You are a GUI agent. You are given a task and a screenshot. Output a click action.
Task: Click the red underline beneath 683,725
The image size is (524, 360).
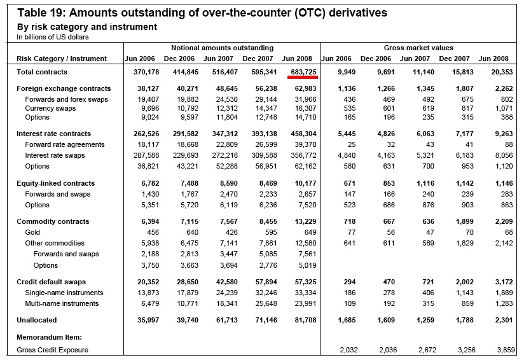pyautogui.click(x=303, y=77)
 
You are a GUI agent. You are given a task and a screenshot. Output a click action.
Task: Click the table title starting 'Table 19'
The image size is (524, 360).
pyautogui.click(x=202, y=13)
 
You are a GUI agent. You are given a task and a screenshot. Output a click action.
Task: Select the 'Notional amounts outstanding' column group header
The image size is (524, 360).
pyautogui.click(x=222, y=48)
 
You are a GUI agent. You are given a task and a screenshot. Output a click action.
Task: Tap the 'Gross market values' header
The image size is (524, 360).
pyautogui.click(x=418, y=48)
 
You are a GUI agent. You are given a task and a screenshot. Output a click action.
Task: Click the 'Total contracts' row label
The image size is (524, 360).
pyautogui.click(x=42, y=72)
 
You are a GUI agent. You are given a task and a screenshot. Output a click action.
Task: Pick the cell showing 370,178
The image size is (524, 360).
pyautogui.click(x=146, y=72)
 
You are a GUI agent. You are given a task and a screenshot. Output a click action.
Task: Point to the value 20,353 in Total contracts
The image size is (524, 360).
pyautogui.click(x=502, y=72)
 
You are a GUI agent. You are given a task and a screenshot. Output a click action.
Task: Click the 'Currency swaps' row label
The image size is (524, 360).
pyautogui.click(x=50, y=108)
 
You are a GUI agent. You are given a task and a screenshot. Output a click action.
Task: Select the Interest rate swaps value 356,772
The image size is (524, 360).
pyautogui.click(x=303, y=155)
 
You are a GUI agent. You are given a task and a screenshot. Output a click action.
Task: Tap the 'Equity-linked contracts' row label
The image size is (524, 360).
pyautogui.click(x=56, y=183)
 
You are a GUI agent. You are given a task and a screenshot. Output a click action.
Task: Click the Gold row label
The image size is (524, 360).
pyautogui.click(x=32, y=232)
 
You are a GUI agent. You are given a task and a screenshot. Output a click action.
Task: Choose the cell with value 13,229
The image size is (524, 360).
pyautogui.click(x=305, y=221)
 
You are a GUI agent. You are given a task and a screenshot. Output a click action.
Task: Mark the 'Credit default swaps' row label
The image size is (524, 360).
pyautogui.click(x=51, y=282)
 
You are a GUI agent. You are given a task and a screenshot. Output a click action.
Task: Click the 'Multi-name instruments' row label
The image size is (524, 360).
pyautogui.click(x=62, y=303)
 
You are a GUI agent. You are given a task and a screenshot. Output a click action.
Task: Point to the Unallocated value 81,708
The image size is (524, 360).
pyautogui.click(x=305, y=320)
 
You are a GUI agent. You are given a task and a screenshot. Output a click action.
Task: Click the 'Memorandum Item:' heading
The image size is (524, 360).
pyautogui.click(x=49, y=337)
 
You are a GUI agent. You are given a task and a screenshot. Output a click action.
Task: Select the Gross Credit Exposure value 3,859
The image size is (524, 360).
pyautogui.click(x=506, y=350)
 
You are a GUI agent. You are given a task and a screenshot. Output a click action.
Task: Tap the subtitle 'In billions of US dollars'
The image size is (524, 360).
pyautogui.click(x=53, y=37)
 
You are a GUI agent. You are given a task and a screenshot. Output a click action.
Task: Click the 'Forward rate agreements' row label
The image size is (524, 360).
pyautogui.click(x=64, y=144)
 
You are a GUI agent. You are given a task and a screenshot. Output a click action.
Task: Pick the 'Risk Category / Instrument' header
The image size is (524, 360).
pyautogui.click(x=62, y=59)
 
